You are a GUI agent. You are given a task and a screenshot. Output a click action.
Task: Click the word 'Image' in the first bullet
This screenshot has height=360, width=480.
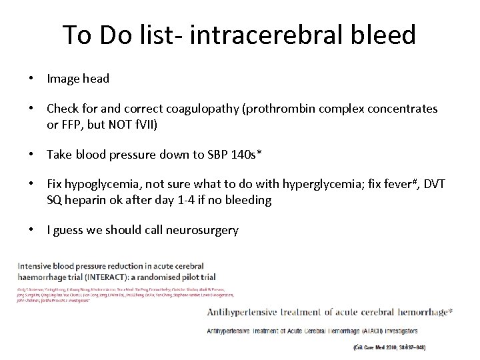pos(63,79)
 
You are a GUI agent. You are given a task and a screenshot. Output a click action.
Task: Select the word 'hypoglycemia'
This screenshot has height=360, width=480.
pos(99,184)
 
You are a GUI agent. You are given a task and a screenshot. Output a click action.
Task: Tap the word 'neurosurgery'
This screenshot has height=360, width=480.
pos(200,231)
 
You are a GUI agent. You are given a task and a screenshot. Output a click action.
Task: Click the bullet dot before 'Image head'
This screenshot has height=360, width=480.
pos(31,79)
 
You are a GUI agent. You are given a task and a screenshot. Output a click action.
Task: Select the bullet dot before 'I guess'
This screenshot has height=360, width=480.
pos(31,231)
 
